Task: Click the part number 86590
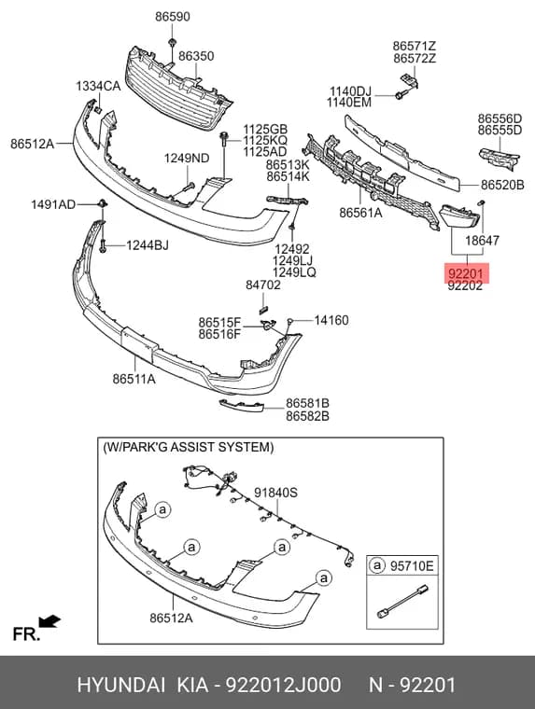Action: [173, 17]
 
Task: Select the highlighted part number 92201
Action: [466, 273]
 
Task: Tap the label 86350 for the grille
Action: [196, 56]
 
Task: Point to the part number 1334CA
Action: [98, 86]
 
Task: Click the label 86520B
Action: [502, 185]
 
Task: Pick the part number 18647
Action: [482, 241]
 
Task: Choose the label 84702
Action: [263, 285]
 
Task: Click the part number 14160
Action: [331, 320]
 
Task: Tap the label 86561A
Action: [360, 212]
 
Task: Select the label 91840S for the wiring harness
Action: [275, 493]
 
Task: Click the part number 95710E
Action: [412, 565]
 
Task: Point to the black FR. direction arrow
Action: [49, 621]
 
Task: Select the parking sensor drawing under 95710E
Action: [402, 600]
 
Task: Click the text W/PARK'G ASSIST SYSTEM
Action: [189, 447]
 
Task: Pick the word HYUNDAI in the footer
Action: [120, 685]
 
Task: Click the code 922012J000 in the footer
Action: [283, 685]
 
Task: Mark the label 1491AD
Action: [53, 205]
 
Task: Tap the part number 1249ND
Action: [187, 159]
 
